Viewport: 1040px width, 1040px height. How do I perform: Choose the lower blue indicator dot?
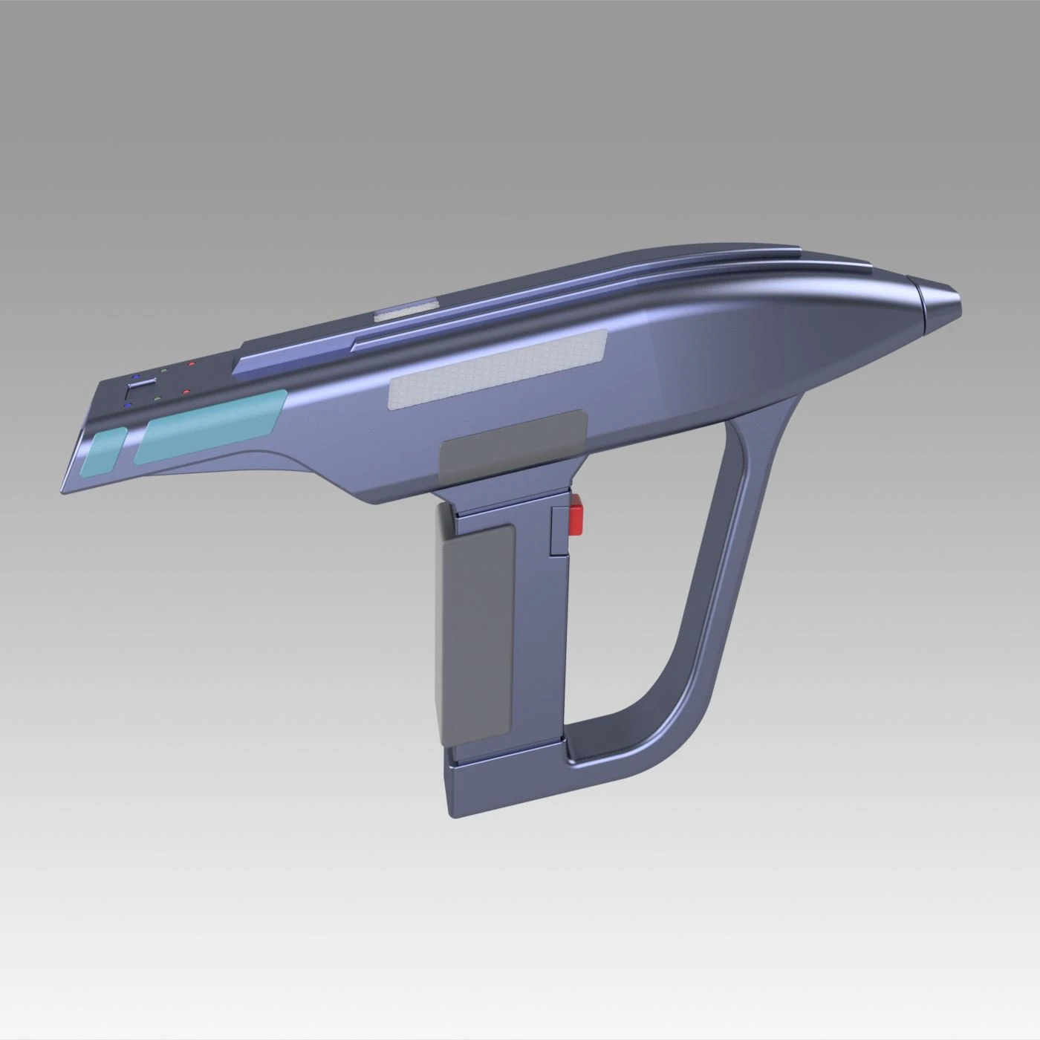[x=129, y=406]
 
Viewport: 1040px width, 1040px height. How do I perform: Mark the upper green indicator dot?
[x=163, y=371]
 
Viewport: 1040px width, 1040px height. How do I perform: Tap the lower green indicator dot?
[x=158, y=398]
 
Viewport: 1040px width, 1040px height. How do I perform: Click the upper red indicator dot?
[x=192, y=364]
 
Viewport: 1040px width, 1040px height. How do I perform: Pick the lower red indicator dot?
[x=188, y=391]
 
